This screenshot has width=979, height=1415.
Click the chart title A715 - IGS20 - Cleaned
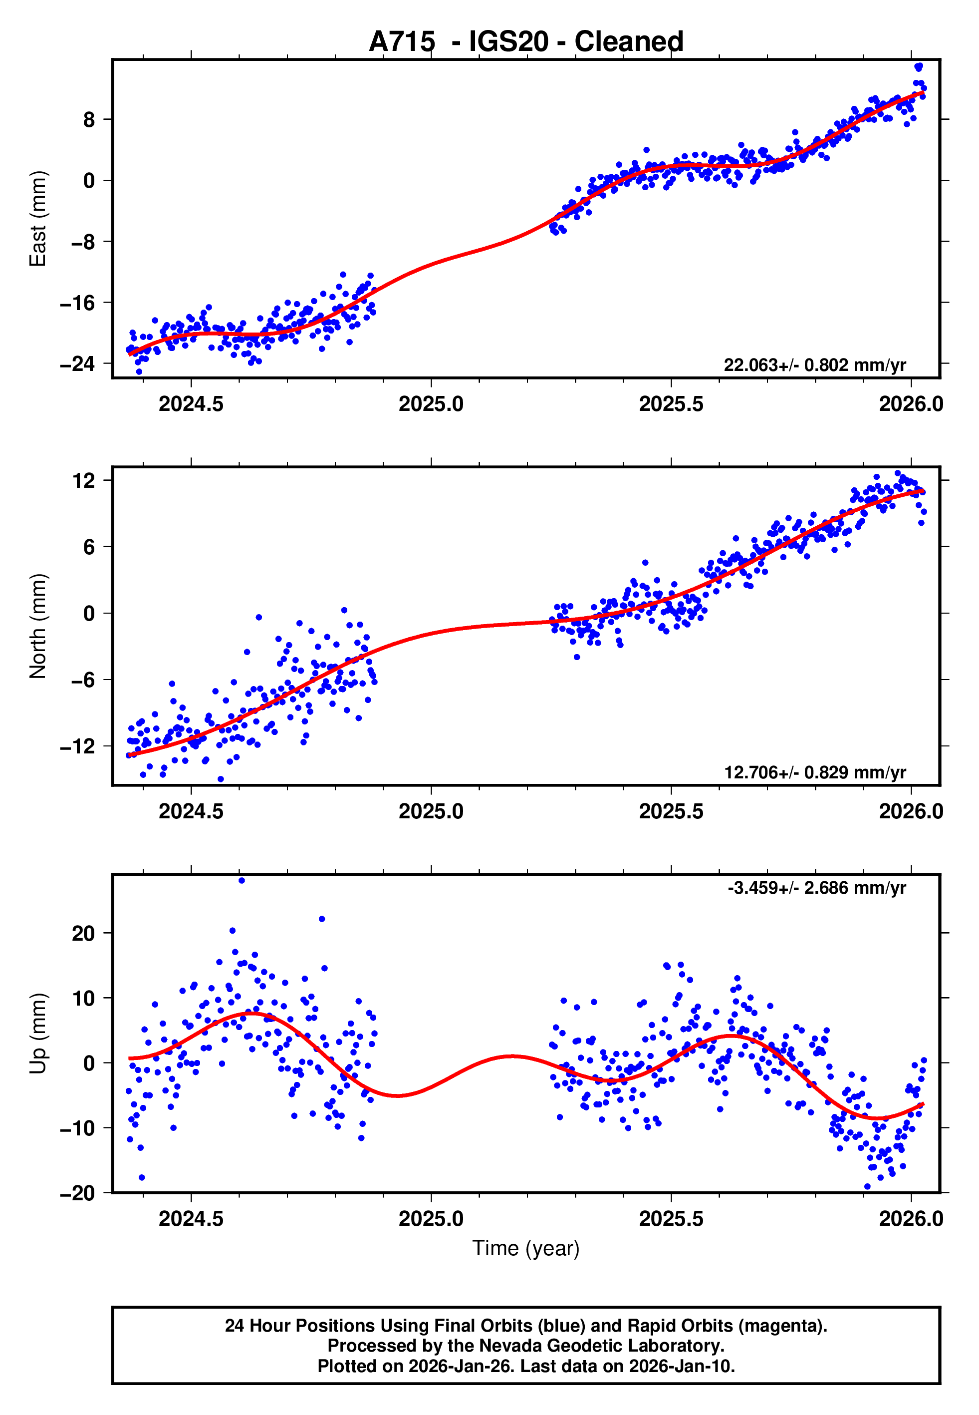[x=526, y=42]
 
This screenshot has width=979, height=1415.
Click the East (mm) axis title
[x=38, y=219]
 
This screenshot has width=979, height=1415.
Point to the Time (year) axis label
[x=526, y=1248]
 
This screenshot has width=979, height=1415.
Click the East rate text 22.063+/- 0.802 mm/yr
[x=815, y=365]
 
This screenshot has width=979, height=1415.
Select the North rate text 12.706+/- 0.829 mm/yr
[x=815, y=772]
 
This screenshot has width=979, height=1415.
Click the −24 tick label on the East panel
[x=77, y=364]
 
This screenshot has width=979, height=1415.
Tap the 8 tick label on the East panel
[x=89, y=120]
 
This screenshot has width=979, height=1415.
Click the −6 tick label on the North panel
[x=77, y=680]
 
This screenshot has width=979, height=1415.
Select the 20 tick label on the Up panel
[x=83, y=934]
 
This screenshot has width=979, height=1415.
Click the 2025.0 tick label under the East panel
[x=431, y=404]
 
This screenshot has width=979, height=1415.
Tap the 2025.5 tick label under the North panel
[x=671, y=812]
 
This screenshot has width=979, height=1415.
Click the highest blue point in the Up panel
[x=242, y=881]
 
